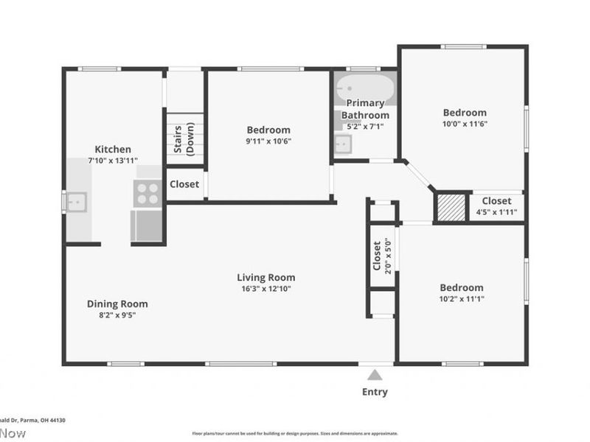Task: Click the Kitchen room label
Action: pos(113,149)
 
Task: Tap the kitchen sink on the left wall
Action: pos(75,201)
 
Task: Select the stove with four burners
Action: pos(148,193)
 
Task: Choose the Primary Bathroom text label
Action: pos(365,109)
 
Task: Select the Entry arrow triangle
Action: pos(375,374)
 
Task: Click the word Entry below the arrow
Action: pos(375,392)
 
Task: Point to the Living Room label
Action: pos(265,277)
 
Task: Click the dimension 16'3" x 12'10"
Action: pos(265,289)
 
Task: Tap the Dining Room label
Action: pos(117,304)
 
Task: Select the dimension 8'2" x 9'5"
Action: pos(117,315)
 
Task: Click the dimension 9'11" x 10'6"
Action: pos(268,141)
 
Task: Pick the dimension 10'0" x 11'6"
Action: pos(465,124)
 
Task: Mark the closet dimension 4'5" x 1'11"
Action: pos(496,212)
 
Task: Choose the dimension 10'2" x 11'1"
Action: pos(462,299)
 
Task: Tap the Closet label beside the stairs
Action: pos(184,184)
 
